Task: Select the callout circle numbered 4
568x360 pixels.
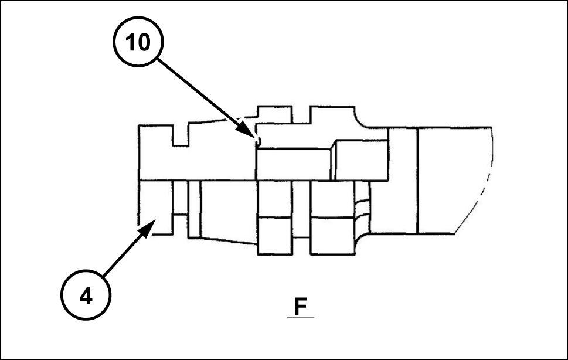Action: (86, 297)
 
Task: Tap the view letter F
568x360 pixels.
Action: (300, 307)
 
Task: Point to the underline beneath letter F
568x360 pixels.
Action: (300, 317)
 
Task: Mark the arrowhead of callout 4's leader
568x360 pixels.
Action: (151, 224)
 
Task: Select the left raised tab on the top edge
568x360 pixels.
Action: (275, 114)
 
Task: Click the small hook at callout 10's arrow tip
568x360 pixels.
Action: (256, 140)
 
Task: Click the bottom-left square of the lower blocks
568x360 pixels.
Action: (275, 236)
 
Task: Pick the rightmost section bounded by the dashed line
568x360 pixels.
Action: (451, 179)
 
